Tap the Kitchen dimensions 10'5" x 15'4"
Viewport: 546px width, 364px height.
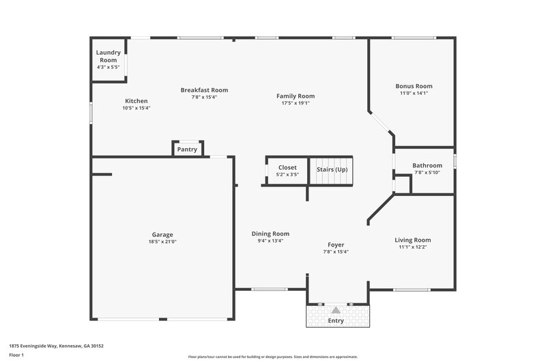pos(136,108)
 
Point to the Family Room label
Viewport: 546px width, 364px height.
pos(295,96)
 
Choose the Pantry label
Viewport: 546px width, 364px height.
pos(187,150)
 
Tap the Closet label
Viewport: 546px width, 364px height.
pos(287,167)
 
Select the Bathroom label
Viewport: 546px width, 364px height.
pos(427,165)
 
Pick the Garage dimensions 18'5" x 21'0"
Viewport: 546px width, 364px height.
pos(162,241)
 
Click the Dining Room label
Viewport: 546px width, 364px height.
pos(270,234)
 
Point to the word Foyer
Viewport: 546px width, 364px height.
pos(336,244)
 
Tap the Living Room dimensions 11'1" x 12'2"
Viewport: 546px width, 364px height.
pos(413,247)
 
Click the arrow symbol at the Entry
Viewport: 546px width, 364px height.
pos(336,310)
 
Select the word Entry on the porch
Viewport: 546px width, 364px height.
pos(336,320)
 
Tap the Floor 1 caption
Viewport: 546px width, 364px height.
pos(17,355)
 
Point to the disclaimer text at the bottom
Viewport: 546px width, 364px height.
pos(272,356)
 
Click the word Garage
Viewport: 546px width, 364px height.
pos(162,234)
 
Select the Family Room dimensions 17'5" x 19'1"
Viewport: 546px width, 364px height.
pos(295,103)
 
